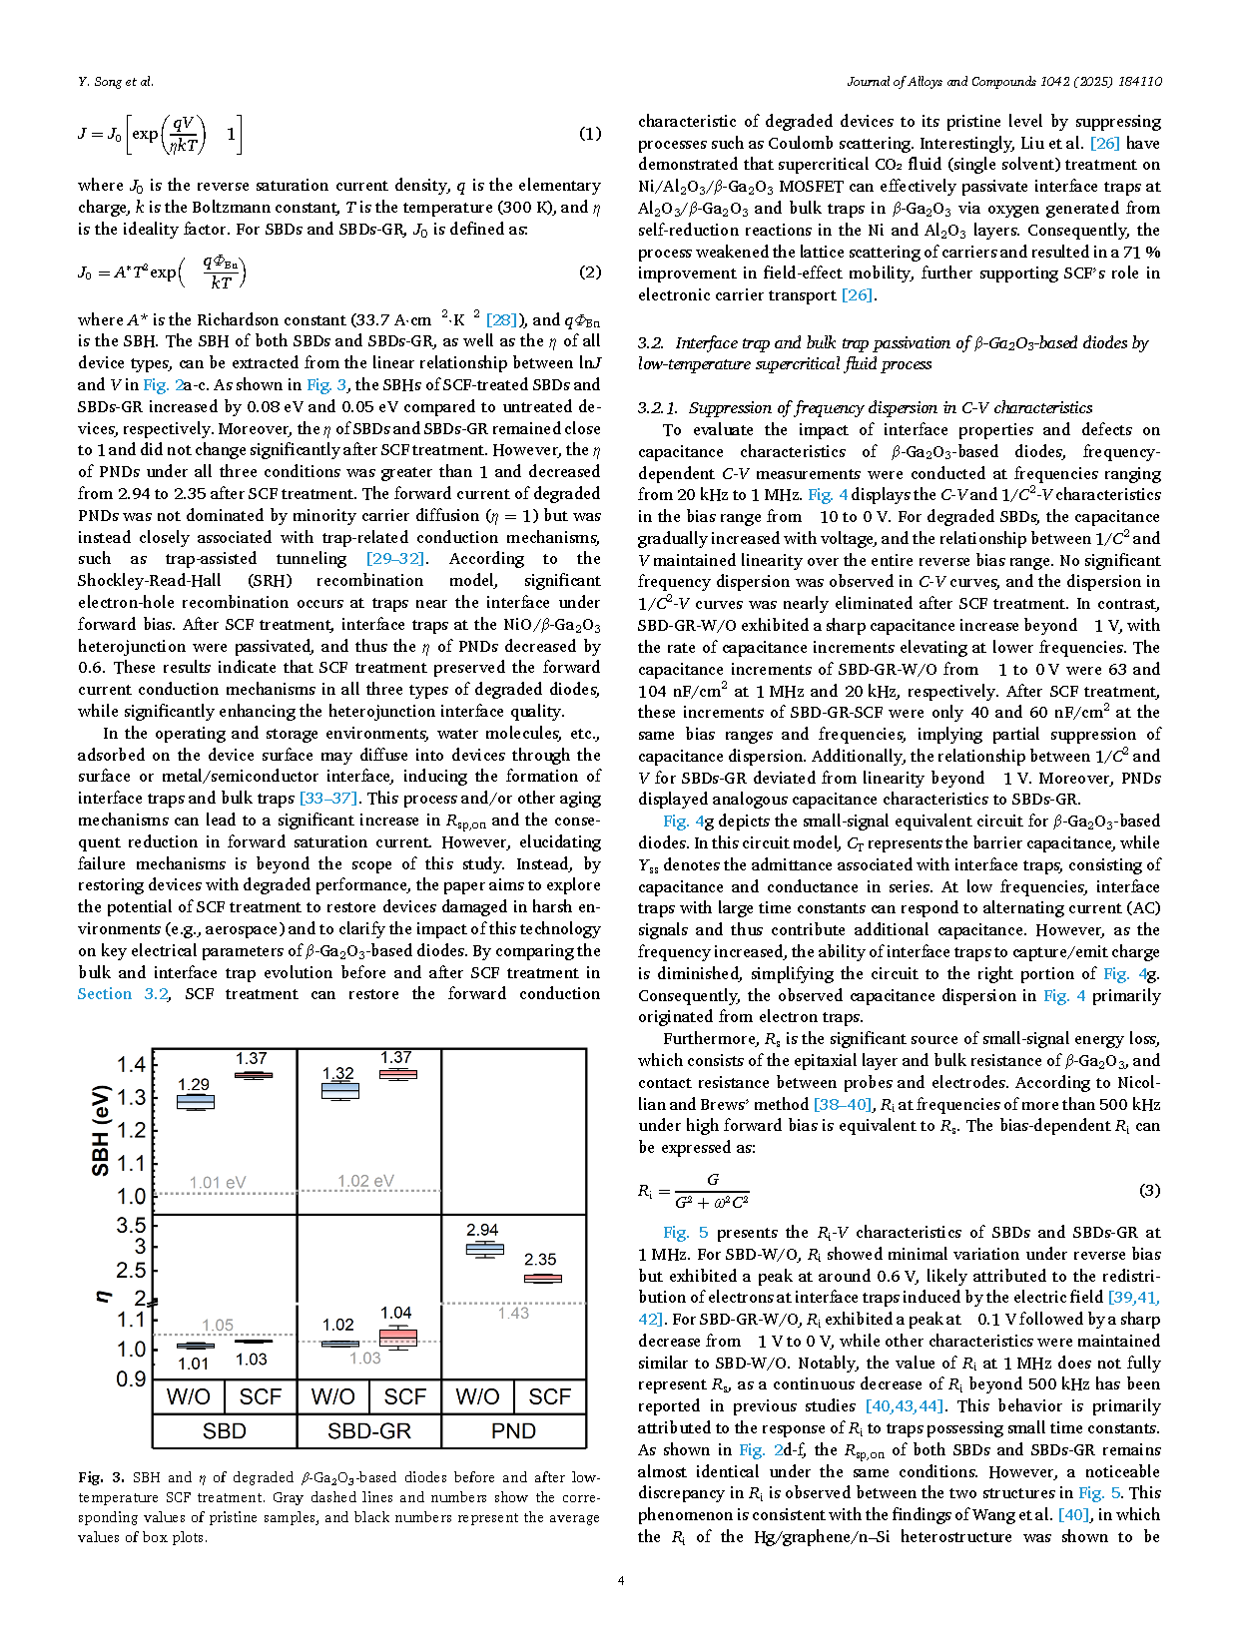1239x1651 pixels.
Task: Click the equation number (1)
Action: click(590, 134)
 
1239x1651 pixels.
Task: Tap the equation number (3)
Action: click(1149, 1190)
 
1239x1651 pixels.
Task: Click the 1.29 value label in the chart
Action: click(194, 1084)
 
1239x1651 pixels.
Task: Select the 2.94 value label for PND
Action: click(482, 1230)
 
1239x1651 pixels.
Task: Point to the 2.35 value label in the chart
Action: click(540, 1260)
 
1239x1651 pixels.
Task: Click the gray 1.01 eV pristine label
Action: click(218, 1183)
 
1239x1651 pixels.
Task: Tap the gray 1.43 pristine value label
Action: click(513, 1313)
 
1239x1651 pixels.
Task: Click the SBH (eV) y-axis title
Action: click(101, 1131)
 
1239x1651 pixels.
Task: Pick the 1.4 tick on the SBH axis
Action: click(131, 1064)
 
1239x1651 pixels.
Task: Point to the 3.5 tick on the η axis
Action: click(131, 1225)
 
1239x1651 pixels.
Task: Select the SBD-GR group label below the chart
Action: click(369, 1430)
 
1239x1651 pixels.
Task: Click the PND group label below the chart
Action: click(513, 1430)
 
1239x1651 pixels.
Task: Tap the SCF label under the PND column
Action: click(549, 1396)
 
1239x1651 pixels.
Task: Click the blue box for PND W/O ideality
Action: click(485, 1249)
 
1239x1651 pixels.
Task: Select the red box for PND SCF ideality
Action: click(543, 1278)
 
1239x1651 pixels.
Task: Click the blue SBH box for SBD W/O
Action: click(196, 1102)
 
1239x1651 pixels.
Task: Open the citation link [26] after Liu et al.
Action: click(1104, 143)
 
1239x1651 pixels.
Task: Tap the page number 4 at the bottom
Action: click(621, 1580)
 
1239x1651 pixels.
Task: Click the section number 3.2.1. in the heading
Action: click(658, 407)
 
